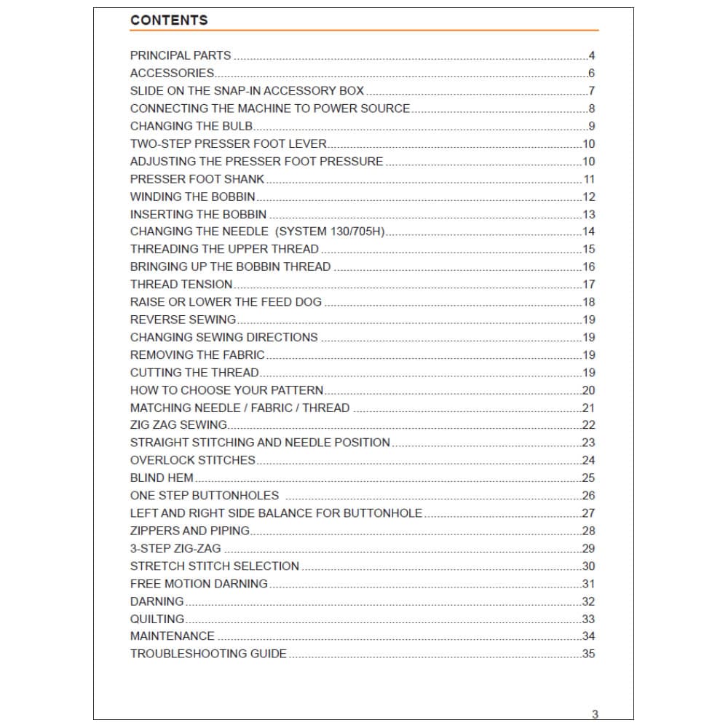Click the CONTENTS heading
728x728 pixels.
[169, 20]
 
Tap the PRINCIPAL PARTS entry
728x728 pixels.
[181, 55]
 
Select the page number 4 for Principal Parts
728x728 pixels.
[592, 56]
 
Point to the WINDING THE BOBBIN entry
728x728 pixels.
[193, 197]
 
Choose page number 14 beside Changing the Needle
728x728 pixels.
[588, 232]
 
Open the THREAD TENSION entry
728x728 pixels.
[181, 285]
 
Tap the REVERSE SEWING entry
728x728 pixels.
[183, 320]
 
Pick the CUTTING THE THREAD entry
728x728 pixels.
[194, 373]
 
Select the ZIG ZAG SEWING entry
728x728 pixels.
[178, 425]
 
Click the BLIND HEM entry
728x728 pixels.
[162, 478]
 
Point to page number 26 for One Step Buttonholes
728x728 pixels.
[588, 496]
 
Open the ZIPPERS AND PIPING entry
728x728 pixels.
[189, 531]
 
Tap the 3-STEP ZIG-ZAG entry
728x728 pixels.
[175, 549]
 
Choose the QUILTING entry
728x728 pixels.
[157, 619]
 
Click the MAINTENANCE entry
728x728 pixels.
[173, 636]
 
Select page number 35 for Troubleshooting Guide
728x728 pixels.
[588, 654]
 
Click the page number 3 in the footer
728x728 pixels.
[595, 714]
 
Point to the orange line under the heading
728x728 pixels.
[364, 31]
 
